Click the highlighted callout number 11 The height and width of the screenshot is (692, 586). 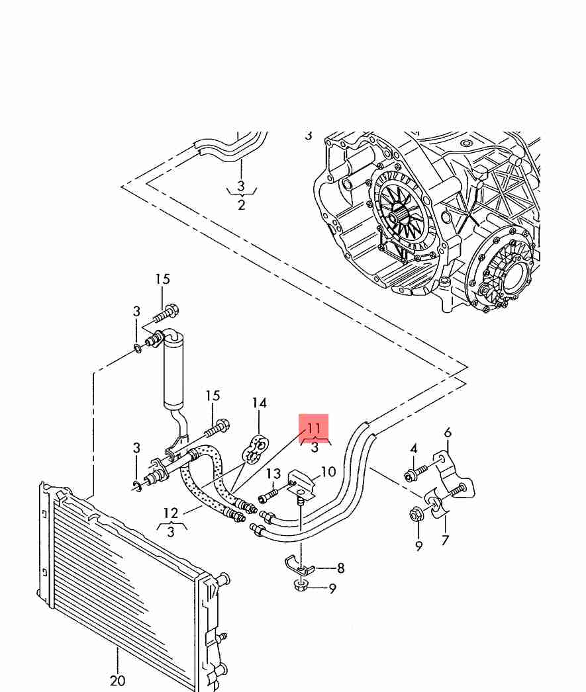tap(314, 428)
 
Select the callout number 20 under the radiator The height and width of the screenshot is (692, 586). tap(117, 681)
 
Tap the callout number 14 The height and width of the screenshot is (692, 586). tap(259, 403)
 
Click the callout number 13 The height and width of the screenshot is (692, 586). tap(273, 474)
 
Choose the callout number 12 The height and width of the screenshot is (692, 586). tap(170, 513)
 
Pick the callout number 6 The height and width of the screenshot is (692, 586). tap(448, 433)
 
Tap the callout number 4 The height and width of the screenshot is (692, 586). tap(413, 449)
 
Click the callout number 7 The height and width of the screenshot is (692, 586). tap(445, 541)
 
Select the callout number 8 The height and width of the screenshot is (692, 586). tap(340, 568)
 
